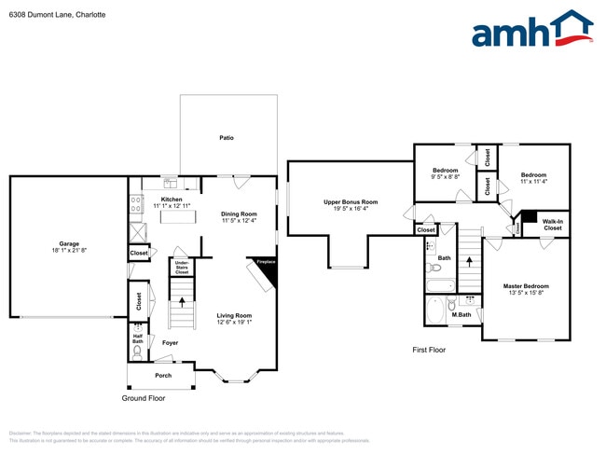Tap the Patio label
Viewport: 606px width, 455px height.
coord(227,137)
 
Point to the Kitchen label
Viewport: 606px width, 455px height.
coord(172,199)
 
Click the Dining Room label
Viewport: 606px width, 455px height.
coord(239,214)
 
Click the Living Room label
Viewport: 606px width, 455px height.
coord(235,315)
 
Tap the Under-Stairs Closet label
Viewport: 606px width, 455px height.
coord(182,268)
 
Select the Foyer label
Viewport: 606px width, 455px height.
coord(170,342)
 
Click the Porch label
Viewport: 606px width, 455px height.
coord(163,375)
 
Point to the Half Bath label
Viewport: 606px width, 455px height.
coord(138,339)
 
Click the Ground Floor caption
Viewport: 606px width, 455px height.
coord(144,398)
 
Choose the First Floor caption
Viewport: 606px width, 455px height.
coord(429,350)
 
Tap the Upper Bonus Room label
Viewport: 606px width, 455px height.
coord(351,201)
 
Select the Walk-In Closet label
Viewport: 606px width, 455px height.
coord(553,225)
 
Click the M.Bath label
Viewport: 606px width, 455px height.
coord(461,314)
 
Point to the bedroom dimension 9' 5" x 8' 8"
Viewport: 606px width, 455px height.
coord(445,177)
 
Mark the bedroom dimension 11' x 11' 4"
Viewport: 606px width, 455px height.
coord(533,182)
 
